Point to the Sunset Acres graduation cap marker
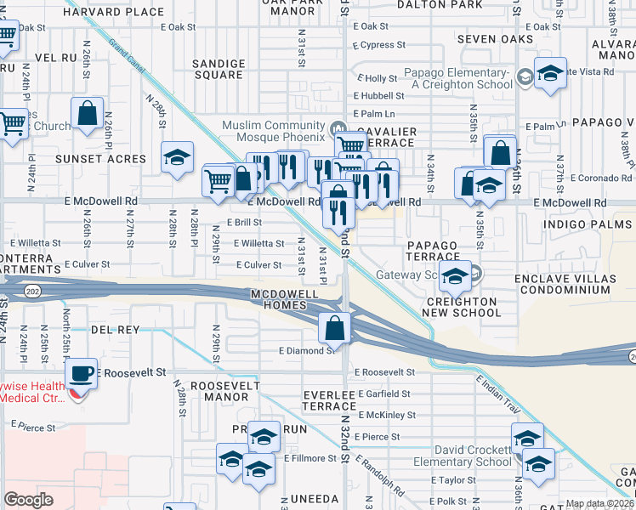coord(177,157)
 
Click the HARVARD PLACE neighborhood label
coord(124,12)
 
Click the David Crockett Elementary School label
coord(474,456)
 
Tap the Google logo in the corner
coord(28,500)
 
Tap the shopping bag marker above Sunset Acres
coord(88,114)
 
